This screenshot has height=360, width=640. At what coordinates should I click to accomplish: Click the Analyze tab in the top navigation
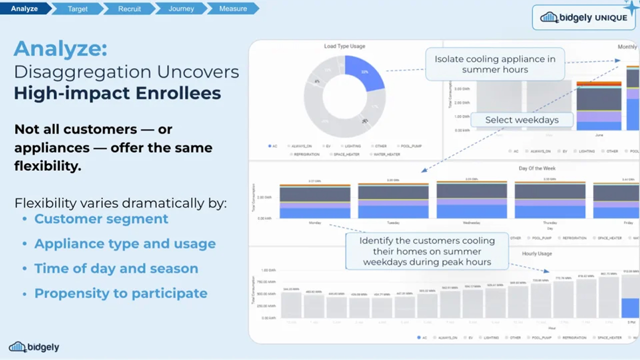[24, 8]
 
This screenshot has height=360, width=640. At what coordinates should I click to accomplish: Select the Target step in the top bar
[77, 8]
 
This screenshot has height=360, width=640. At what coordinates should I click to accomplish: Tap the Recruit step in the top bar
[129, 8]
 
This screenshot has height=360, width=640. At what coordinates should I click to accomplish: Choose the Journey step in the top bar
[181, 8]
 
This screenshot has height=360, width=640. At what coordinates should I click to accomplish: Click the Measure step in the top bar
[233, 8]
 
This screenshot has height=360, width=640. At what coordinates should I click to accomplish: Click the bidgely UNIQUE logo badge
[583, 17]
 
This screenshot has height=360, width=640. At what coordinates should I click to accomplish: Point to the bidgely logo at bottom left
[34, 347]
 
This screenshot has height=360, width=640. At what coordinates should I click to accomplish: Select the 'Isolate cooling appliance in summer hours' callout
[494, 64]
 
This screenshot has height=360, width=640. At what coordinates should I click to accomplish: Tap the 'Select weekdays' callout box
[521, 120]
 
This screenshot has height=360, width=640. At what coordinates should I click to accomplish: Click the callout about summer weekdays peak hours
[427, 251]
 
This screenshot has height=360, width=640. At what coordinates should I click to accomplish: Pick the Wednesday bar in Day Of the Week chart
[472, 200]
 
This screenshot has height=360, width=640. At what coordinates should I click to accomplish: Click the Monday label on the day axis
[315, 222]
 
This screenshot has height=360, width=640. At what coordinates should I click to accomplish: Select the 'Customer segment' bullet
[101, 219]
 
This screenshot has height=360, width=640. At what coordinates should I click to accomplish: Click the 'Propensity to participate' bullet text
[120, 293]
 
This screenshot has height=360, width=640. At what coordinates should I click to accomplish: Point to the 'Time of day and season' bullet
[116, 268]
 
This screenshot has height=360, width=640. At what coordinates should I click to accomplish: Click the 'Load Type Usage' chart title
[344, 46]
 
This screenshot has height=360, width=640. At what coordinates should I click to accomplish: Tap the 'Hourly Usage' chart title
[536, 253]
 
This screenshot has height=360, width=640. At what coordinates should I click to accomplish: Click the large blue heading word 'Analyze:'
[60, 48]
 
